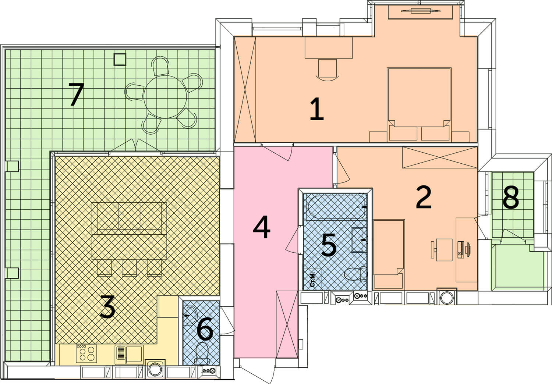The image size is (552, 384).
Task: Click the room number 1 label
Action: click(x=317, y=109)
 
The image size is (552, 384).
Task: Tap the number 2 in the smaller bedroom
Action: click(x=424, y=197)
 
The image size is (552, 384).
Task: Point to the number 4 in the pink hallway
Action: click(x=261, y=227)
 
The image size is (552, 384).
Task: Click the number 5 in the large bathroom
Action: click(x=329, y=245)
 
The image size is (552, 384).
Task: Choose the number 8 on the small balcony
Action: click(x=511, y=197)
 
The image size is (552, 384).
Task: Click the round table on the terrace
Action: click(x=165, y=97)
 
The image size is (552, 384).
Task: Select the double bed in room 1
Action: click(x=419, y=105)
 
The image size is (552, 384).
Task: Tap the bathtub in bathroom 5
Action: click(x=336, y=206)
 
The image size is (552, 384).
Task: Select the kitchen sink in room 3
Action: click(x=129, y=354)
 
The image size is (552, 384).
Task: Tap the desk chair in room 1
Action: click(x=328, y=70)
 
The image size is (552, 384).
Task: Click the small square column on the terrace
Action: click(x=120, y=59)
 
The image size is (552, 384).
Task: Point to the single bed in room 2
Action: click(x=389, y=254)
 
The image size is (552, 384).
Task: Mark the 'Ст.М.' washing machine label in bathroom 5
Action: click(x=312, y=280)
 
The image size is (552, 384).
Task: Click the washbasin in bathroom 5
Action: click(x=358, y=240)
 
